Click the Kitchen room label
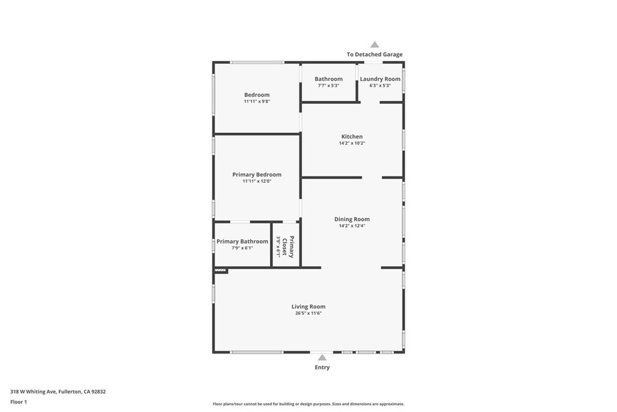[x=352, y=136]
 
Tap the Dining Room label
[x=352, y=219]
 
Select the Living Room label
[x=308, y=306]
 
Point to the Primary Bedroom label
[x=257, y=174]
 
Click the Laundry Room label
[x=380, y=79]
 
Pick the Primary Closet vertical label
[x=292, y=247]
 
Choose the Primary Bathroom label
[x=242, y=241]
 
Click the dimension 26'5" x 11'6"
[x=308, y=314]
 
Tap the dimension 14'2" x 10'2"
[x=352, y=144]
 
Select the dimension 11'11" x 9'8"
[x=257, y=101]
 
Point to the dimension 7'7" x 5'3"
[x=328, y=86]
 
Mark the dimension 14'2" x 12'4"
[x=352, y=226]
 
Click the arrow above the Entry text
[x=322, y=358]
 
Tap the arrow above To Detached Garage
[x=375, y=45]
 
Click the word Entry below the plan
[x=322, y=367]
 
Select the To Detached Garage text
[x=375, y=54]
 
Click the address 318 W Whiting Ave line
[x=58, y=391]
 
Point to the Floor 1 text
[x=19, y=402]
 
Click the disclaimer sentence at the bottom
[x=308, y=404]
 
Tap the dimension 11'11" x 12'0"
[x=257, y=181]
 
